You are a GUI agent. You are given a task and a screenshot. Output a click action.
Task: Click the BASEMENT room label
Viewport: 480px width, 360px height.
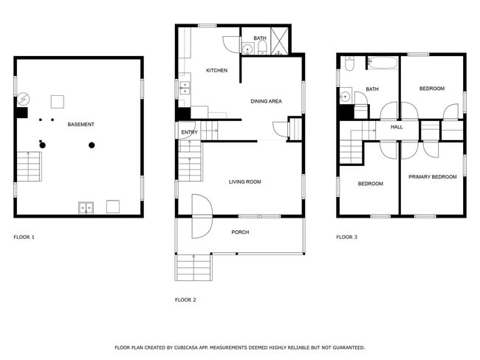(x=80, y=125)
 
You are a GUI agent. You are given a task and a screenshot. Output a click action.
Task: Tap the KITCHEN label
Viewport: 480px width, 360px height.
(x=216, y=71)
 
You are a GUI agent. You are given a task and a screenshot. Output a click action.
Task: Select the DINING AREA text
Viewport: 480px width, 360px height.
(x=265, y=101)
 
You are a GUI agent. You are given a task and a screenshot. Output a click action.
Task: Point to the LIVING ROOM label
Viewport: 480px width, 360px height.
(x=244, y=181)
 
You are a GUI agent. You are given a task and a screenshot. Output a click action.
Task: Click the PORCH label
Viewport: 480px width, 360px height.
(x=240, y=232)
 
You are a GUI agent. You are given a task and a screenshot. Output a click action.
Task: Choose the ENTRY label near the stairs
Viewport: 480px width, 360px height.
(x=189, y=133)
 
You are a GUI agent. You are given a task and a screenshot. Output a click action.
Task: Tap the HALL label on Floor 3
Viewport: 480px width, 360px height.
(x=397, y=128)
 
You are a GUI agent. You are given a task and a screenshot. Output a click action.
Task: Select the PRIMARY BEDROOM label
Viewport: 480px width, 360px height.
(x=433, y=177)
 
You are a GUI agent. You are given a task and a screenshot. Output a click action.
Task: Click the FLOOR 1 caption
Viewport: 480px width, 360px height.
(x=24, y=238)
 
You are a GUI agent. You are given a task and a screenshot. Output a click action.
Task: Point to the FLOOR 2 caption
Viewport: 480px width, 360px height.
(x=185, y=300)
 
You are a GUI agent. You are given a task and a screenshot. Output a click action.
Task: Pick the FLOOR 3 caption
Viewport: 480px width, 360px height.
(x=346, y=238)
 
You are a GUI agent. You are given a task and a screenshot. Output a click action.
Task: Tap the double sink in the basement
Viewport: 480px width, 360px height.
(x=86, y=208)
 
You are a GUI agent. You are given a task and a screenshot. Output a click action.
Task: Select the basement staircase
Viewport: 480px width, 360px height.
(x=29, y=167)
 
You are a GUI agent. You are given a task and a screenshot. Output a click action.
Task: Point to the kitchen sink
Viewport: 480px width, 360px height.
(x=184, y=90)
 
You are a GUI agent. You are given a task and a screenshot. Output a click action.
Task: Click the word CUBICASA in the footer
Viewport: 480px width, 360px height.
(x=196, y=347)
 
